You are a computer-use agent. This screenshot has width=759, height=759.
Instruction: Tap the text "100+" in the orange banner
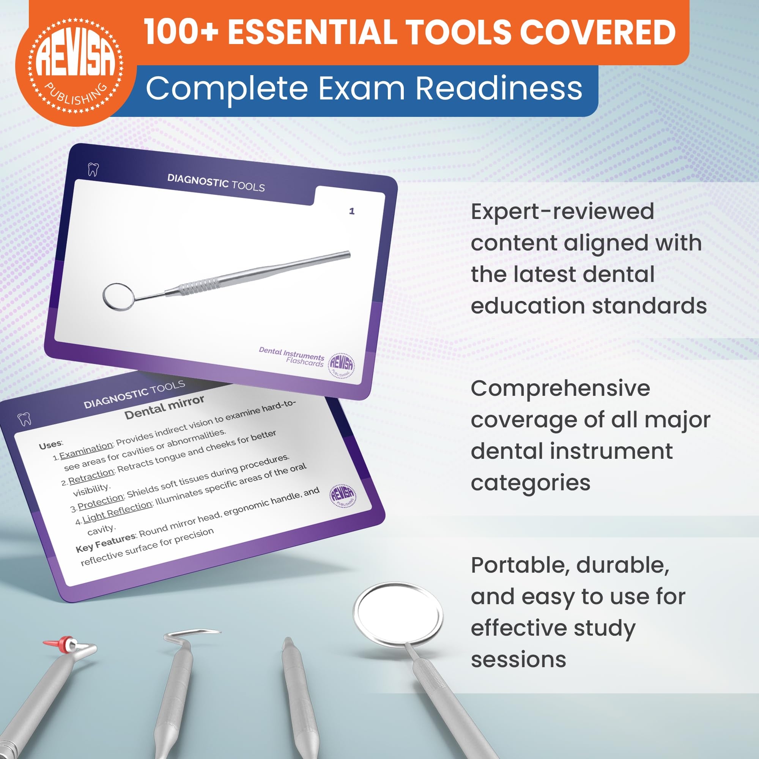181,32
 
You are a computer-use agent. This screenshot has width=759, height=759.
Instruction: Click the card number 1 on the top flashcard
352,211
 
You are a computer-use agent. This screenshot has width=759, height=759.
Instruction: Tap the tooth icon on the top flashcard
93,170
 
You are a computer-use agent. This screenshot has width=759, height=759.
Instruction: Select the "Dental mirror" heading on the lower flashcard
164,407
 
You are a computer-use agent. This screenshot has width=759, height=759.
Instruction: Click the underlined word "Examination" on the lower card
86,450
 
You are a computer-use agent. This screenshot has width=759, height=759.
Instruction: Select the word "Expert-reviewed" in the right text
562,211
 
